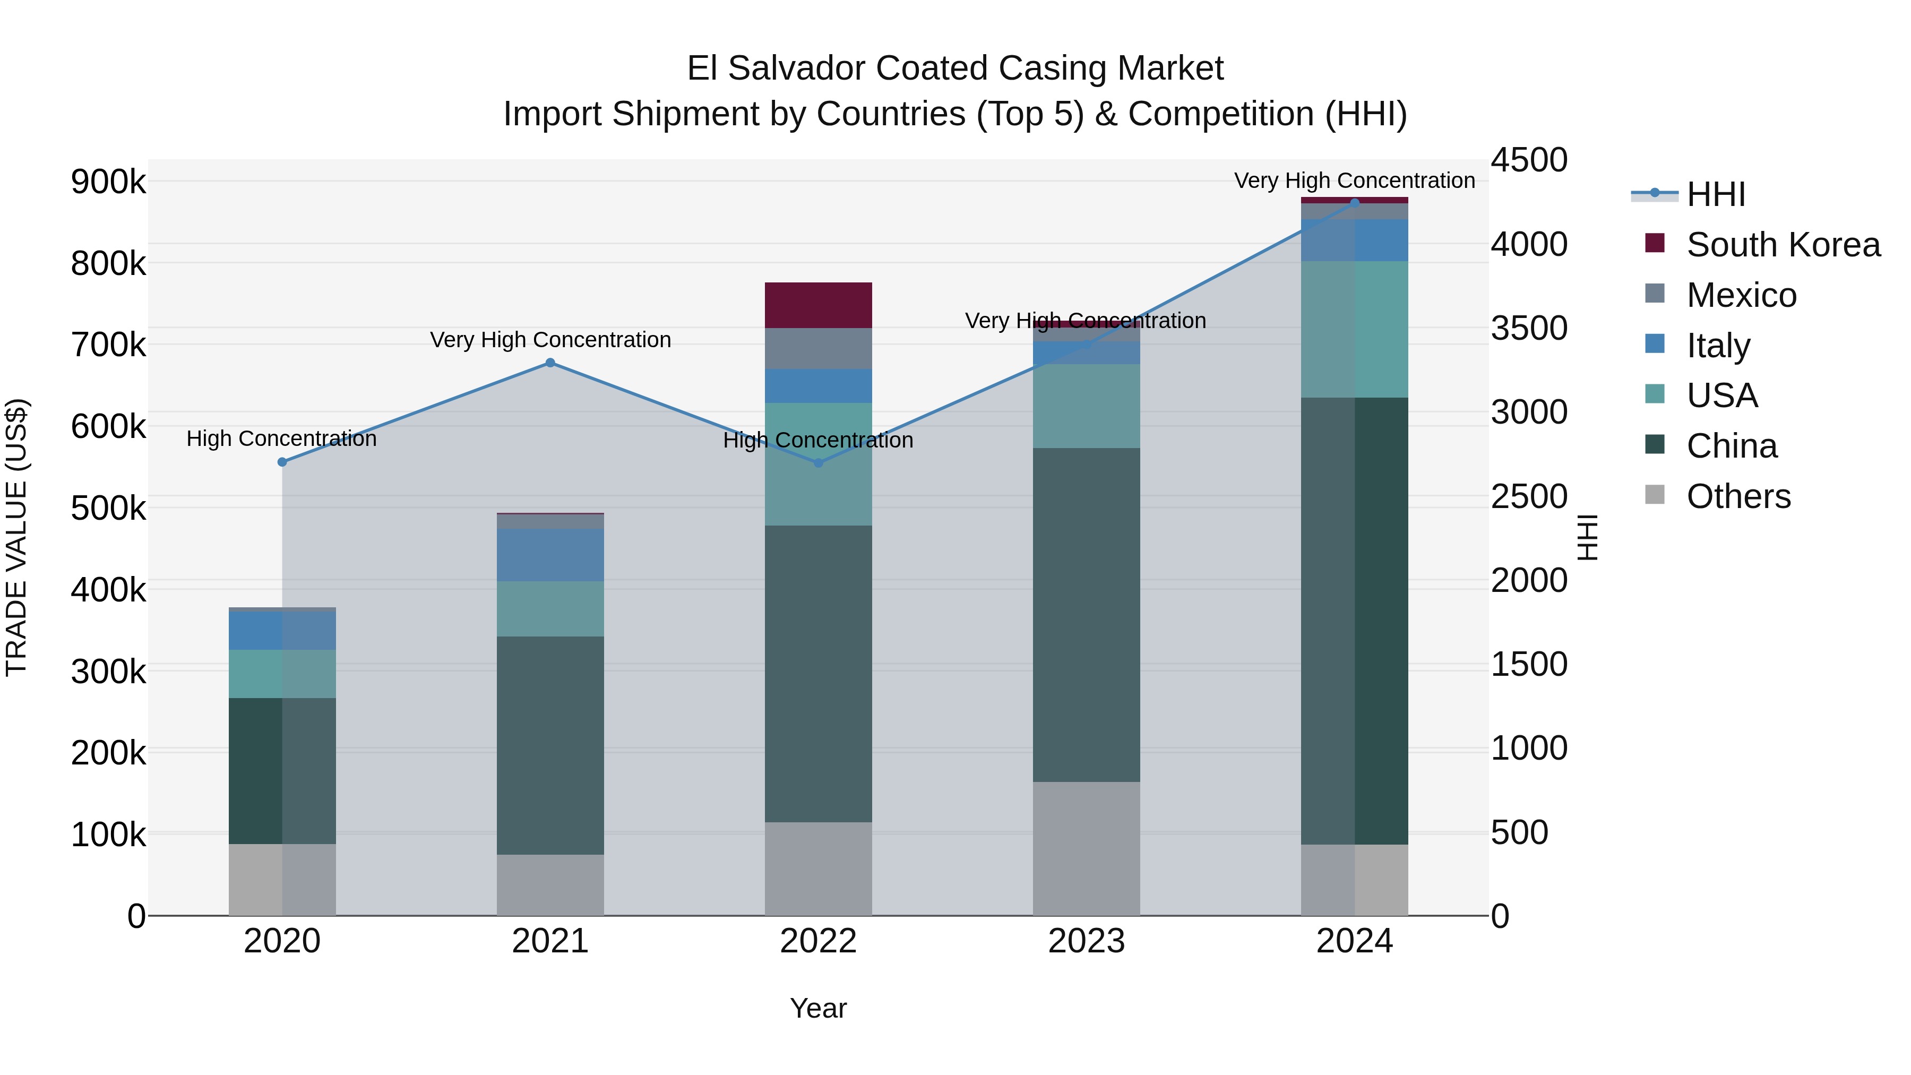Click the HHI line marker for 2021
[550, 363]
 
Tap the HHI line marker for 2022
[818, 463]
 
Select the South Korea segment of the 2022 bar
[818, 305]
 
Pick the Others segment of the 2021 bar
[550, 884]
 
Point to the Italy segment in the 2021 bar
[550, 555]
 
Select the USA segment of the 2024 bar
[1355, 329]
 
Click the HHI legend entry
[1716, 194]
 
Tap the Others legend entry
[1738, 496]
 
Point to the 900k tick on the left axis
[108, 181]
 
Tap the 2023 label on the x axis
[1086, 941]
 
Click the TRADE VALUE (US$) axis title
[16, 537]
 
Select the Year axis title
[818, 1008]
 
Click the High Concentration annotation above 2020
[281, 438]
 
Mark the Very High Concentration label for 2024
[1355, 180]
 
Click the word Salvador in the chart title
[797, 68]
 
